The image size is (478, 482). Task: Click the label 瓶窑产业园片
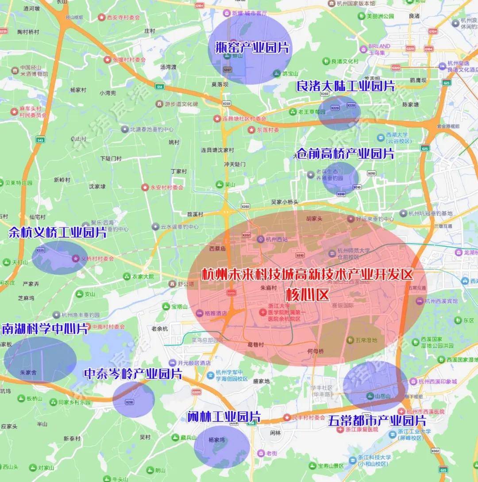(x=252, y=47)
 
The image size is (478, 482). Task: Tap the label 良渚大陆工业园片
(x=345, y=86)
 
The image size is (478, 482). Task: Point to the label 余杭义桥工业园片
(x=58, y=233)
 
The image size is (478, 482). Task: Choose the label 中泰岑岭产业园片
(x=133, y=374)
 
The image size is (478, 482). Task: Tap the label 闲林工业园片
(x=224, y=417)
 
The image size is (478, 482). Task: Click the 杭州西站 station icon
(x=261, y=239)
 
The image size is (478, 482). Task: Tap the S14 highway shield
(x=159, y=87)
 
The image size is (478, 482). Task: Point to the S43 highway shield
(x=41, y=140)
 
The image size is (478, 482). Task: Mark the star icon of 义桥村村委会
(x=75, y=258)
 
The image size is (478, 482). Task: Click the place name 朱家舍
(x=28, y=372)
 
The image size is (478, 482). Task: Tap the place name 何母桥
(x=315, y=351)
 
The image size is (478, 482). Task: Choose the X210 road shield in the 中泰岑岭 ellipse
(x=130, y=402)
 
